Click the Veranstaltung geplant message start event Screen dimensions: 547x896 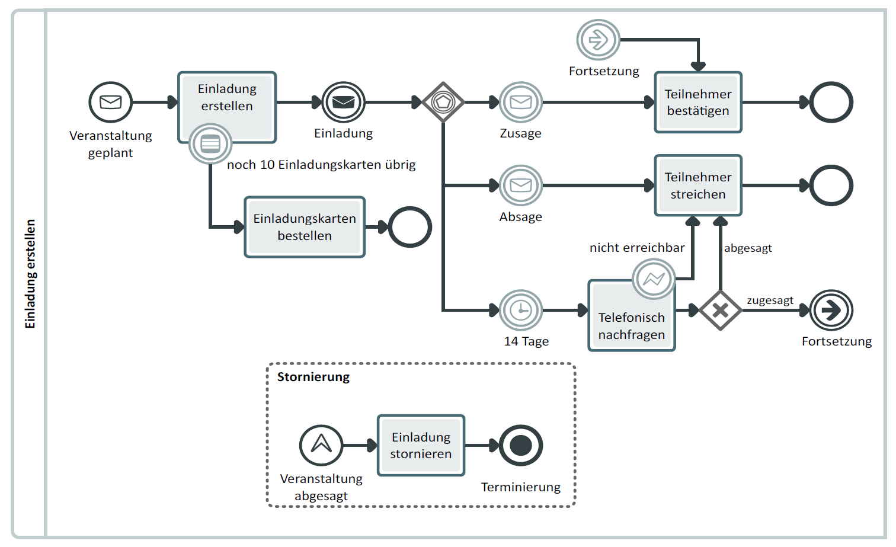(110, 103)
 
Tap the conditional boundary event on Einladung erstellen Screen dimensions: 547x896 (210, 143)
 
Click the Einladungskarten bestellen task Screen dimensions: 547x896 (305, 227)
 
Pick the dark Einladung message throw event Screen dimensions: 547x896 (343, 103)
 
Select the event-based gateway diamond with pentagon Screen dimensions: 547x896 (443, 103)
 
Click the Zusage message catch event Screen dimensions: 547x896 (520, 103)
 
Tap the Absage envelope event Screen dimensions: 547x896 (520, 185)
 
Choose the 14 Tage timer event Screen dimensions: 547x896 (520, 310)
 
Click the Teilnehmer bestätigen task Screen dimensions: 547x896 (697, 103)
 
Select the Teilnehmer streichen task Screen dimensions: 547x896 (697, 185)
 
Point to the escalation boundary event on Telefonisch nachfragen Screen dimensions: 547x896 (654, 279)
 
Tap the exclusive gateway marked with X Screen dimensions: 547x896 (720, 310)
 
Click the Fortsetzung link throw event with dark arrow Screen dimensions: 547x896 (831, 310)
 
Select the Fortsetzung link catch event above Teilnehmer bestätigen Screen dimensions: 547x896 (598, 40)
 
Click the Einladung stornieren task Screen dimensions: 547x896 (421, 445)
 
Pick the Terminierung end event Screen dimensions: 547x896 (520, 445)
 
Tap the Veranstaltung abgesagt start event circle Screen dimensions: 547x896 (321, 445)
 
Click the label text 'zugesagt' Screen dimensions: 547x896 (770, 300)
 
